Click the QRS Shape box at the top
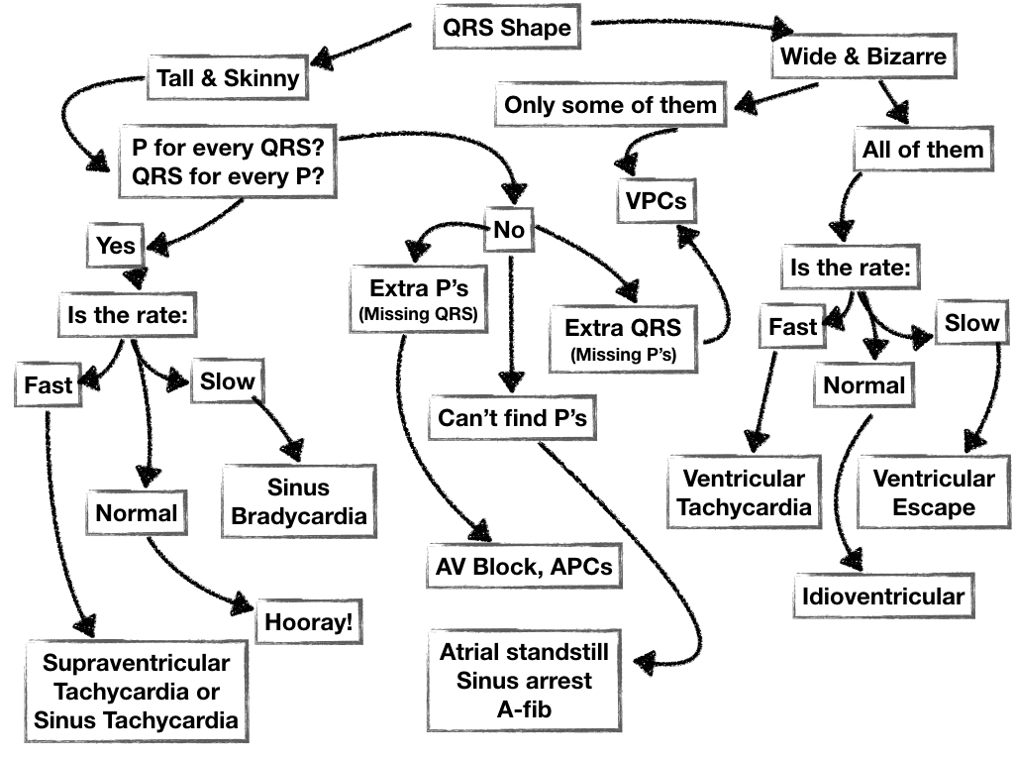pyautogui.click(x=507, y=27)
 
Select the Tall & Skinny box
pyautogui.click(x=228, y=78)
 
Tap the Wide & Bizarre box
pyautogui.click(x=863, y=56)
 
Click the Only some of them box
pyautogui.click(x=610, y=105)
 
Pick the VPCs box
pyautogui.click(x=656, y=203)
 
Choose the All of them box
pyautogui.click(x=921, y=150)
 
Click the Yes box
pyautogui.click(x=115, y=245)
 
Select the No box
pyautogui.click(x=508, y=231)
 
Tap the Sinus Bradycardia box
pyautogui.click(x=299, y=501)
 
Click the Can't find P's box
pyautogui.click(x=513, y=418)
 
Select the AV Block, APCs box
pyautogui.click(x=524, y=568)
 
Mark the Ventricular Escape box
pyautogui.click(x=933, y=492)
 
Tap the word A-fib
pyautogui.click(x=525, y=710)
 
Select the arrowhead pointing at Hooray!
pyautogui.click(x=239, y=605)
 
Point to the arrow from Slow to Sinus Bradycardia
pyautogui.click(x=278, y=421)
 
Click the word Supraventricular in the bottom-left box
pyautogui.click(x=137, y=662)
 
